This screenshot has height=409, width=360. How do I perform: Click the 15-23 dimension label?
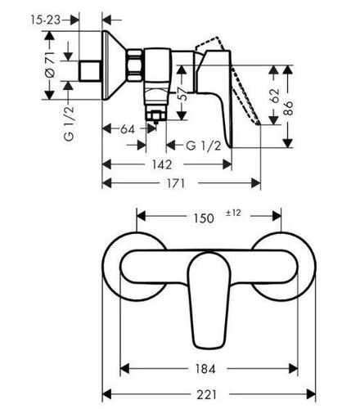(45, 20)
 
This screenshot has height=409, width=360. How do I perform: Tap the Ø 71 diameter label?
(50, 65)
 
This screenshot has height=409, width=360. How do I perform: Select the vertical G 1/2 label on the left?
(69, 124)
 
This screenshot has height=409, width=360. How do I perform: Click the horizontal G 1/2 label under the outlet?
(204, 146)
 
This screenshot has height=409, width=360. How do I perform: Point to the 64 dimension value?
(128, 129)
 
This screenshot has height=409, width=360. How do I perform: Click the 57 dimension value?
(184, 93)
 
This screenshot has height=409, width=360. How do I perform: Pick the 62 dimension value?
(275, 96)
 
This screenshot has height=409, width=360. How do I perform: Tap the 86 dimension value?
(288, 108)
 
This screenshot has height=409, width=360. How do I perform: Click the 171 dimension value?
(176, 183)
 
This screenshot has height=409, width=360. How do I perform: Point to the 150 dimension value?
(204, 218)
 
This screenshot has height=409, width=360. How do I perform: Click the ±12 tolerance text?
(233, 213)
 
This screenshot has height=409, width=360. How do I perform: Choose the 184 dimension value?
(205, 369)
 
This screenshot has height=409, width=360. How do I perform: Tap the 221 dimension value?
(206, 394)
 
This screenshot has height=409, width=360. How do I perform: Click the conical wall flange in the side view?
(112, 65)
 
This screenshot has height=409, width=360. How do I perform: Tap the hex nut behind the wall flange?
(135, 65)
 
